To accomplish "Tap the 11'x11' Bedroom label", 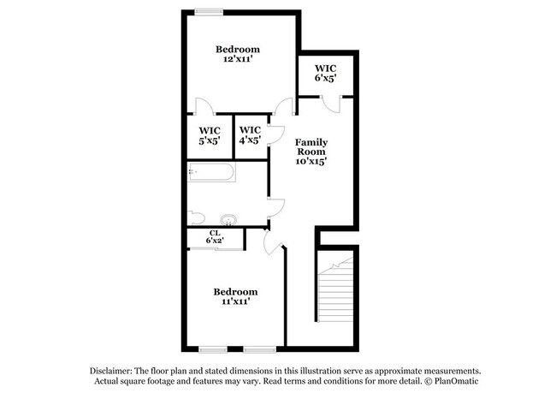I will click(235, 296).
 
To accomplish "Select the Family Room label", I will click(311, 151).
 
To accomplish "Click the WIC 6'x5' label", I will click(325, 73).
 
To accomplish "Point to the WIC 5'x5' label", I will click(210, 135).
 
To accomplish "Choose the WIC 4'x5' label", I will click(250, 135).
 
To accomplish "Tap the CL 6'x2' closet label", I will click(215, 237).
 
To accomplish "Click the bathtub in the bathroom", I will click(210, 174).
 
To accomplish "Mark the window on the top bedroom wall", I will click(208, 11).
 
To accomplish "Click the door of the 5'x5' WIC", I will click(204, 108).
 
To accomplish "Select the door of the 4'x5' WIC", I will click(275, 134).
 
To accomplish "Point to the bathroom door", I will click(275, 206).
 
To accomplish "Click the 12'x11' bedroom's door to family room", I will click(282, 106).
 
